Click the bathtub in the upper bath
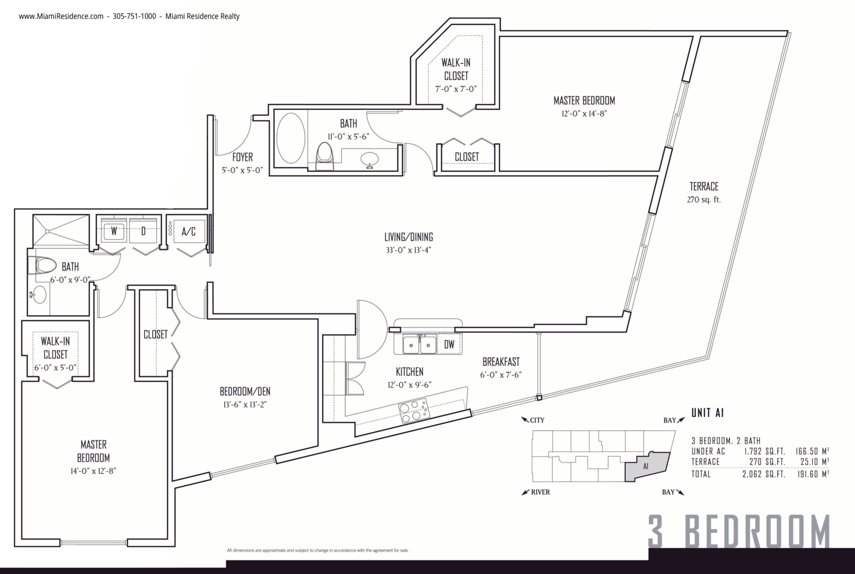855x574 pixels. (x=291, y=138)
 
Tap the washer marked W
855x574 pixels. (x=114, y=230)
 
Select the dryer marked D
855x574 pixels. (x=143, y=230)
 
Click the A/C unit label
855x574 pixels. (x=188, y=231)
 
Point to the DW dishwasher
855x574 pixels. (x=449, y=344)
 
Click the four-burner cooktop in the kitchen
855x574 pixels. (x=414, y=411)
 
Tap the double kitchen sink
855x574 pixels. (x=420, y=344)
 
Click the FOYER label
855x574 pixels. (x=242, y=157)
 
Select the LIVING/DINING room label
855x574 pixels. (x=409, y=237)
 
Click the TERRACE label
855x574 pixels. (x=704, y=186)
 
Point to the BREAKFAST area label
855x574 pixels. (x=501, y=362)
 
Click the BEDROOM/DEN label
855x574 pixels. (x=245, y=391)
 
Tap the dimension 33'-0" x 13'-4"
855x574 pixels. (x=409, y=250)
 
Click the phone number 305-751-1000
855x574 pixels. (x=134, y=16)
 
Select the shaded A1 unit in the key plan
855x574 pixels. (x=647, y=466)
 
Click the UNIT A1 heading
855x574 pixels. (x=708, y=412)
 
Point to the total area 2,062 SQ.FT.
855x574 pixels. (x=763, y=475)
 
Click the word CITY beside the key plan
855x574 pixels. (x=537, y=420)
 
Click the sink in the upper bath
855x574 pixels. (x=370, y=159)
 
